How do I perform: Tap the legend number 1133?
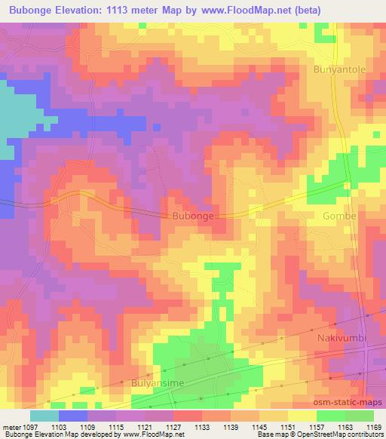tap(202, 427)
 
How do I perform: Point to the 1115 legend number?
tap(115, 427)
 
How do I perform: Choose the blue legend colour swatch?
tap(72, 416)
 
